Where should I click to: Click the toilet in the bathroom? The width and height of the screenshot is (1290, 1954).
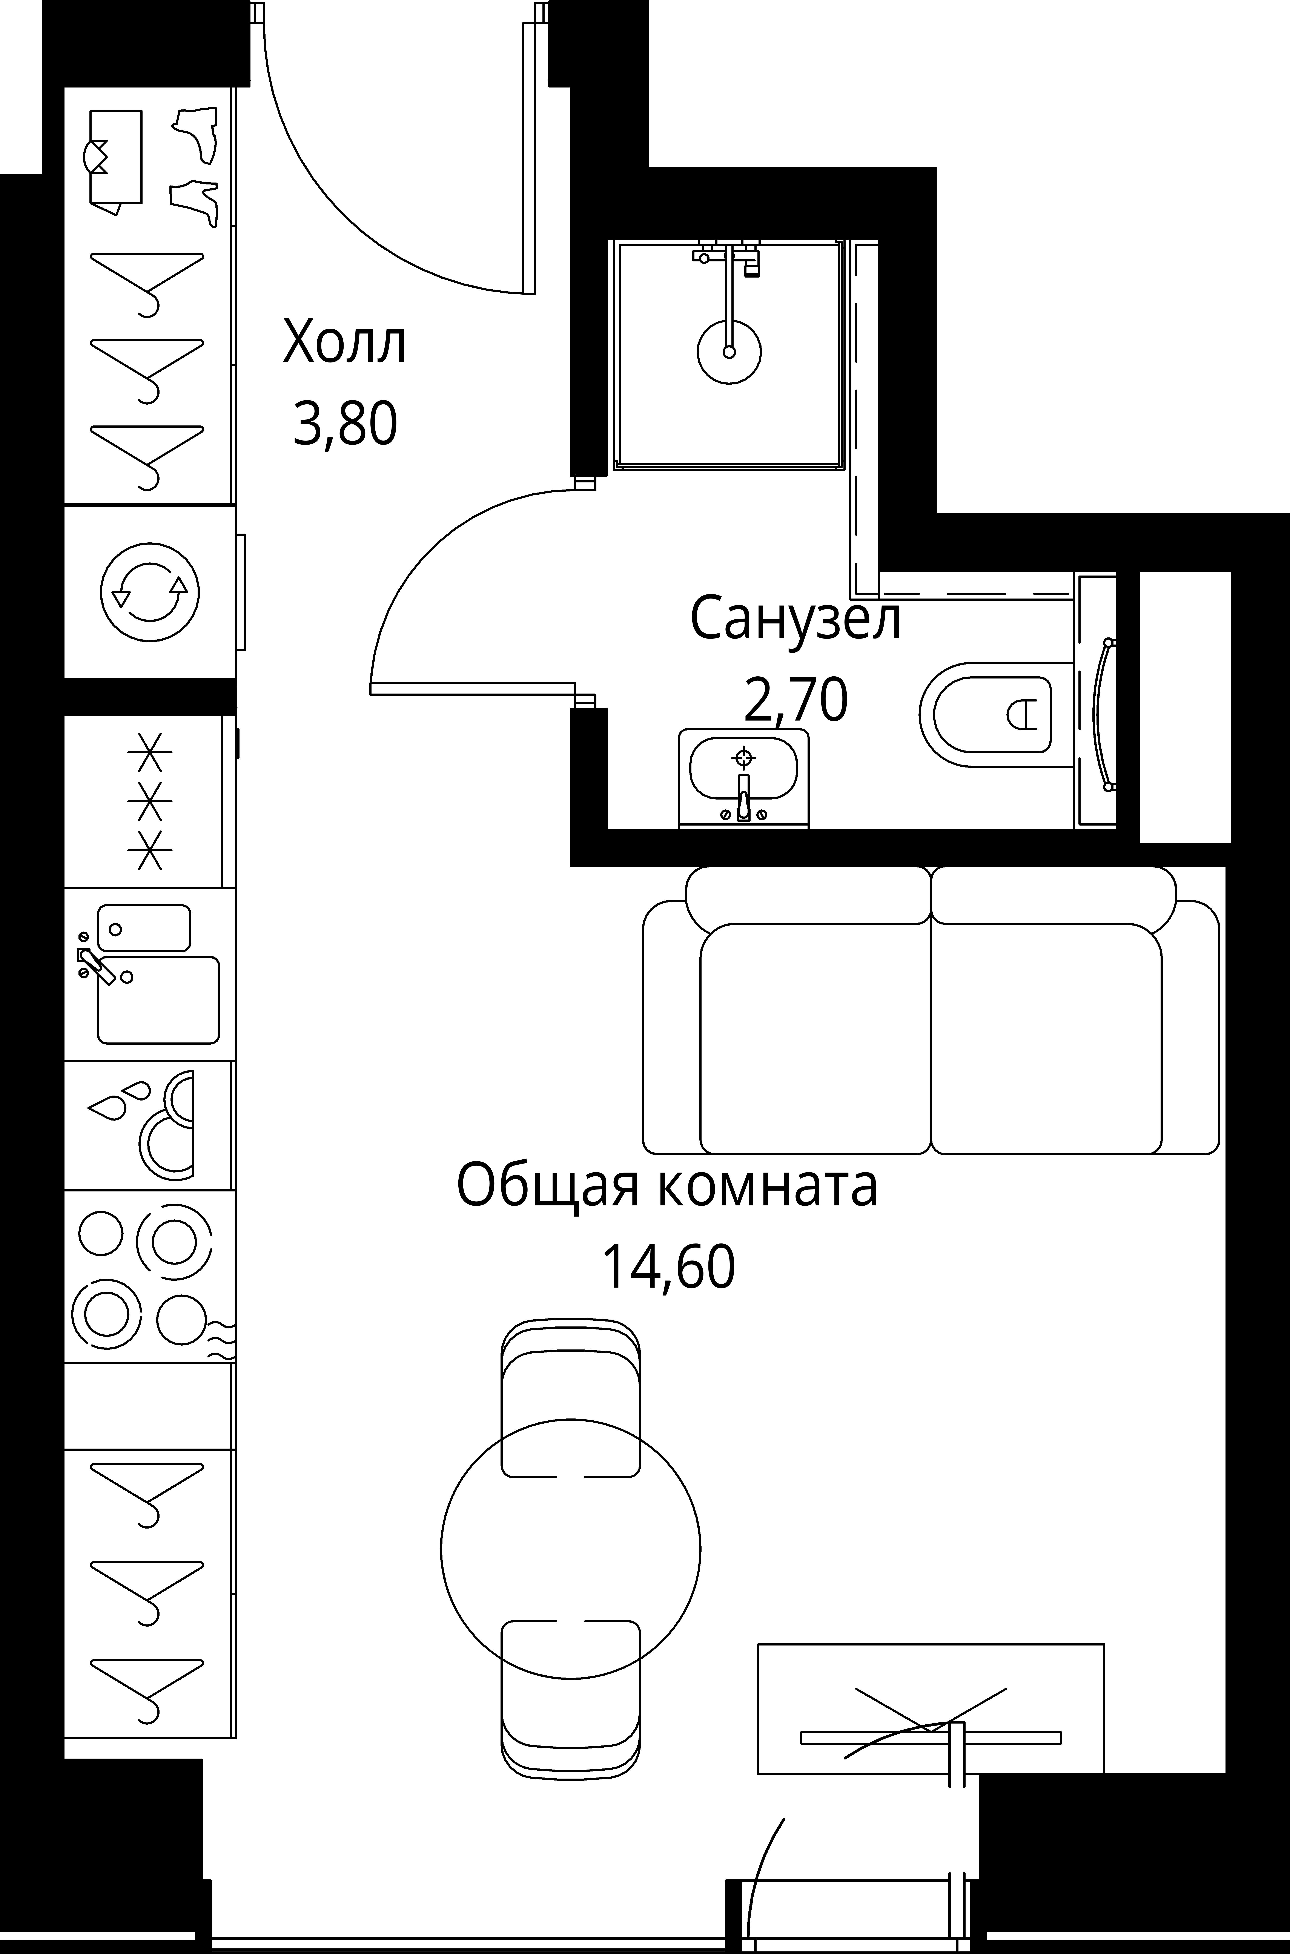point(987,714)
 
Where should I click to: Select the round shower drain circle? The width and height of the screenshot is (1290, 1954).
point(729,352)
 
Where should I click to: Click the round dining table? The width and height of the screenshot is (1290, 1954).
point(570,1550)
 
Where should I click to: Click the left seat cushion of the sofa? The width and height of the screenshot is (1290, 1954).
point(814,1038)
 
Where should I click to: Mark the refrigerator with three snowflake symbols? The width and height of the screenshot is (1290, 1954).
point(148,802)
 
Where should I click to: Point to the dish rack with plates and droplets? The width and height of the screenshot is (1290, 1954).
point(148,1125)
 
